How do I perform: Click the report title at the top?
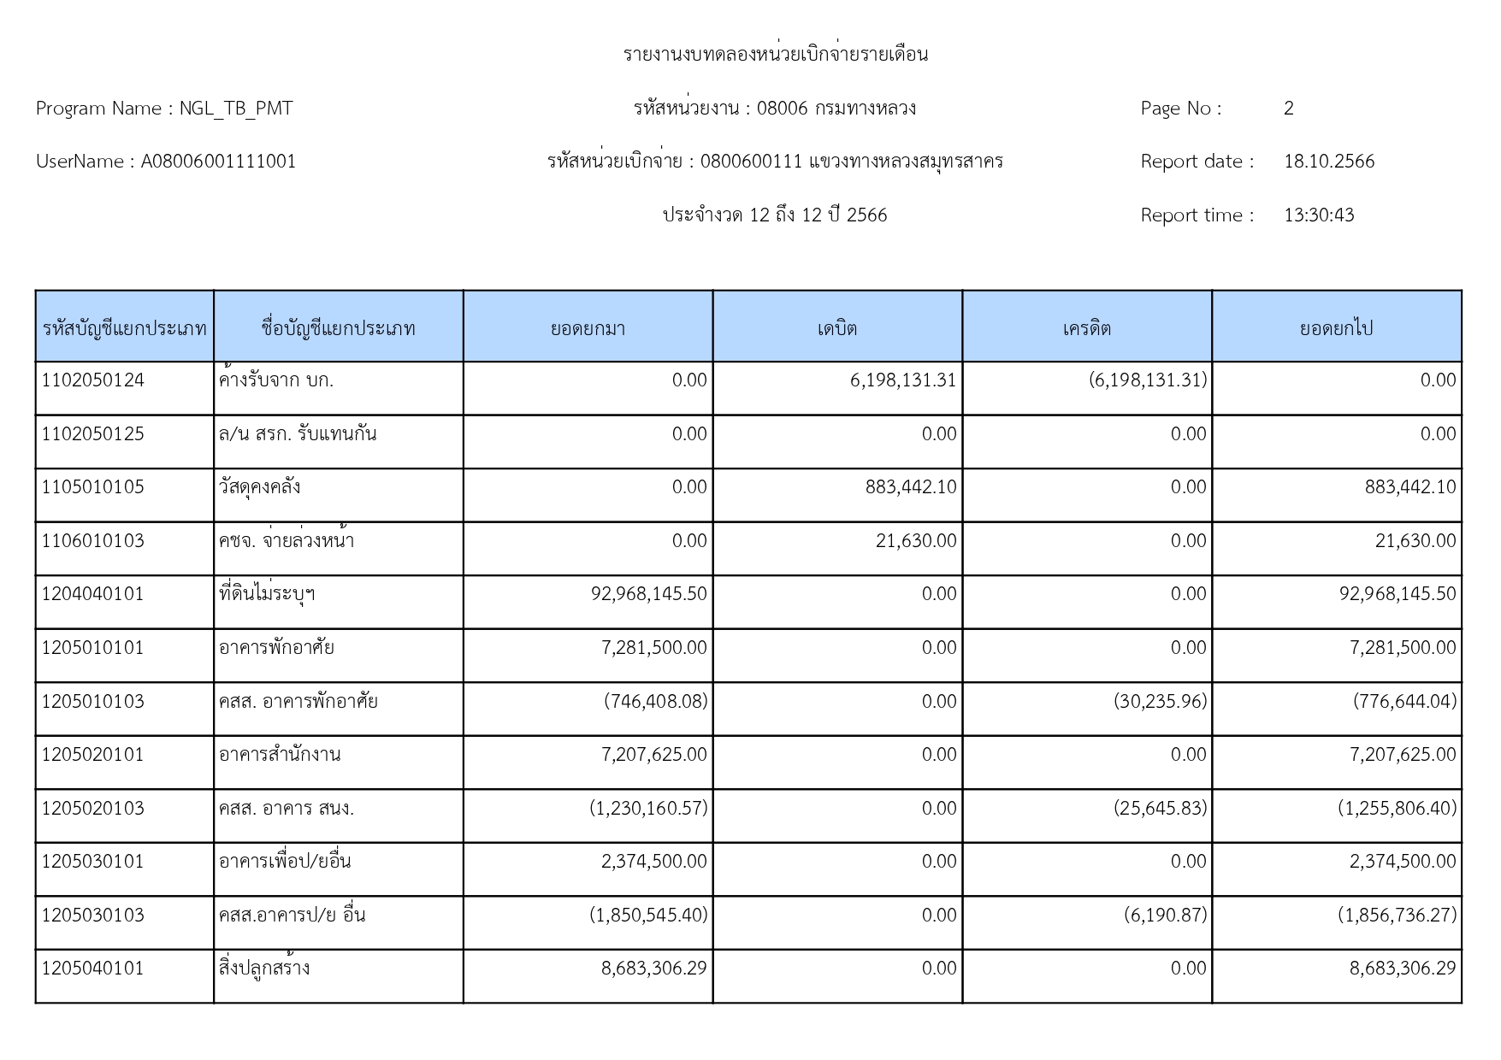pos(775,55)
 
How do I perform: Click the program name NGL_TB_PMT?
pos(235,109)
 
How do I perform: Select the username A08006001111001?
pos(218,162)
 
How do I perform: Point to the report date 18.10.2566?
pos(1328,162)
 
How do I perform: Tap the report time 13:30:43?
pos(1318,215)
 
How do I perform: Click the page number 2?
pos(1288,109)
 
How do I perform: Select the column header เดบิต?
pos(836,328)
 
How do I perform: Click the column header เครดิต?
pos(1086,328)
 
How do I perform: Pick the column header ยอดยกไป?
pos(1336,328)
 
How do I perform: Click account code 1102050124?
pos(93,380)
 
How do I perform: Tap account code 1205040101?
pos(93,969)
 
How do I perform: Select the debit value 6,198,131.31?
pos(902,380)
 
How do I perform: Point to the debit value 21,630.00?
pos(915,541)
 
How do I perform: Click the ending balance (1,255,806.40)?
pos(1397,809)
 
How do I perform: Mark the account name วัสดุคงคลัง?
pos(259,487)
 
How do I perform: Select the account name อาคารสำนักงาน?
pos(280,755)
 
